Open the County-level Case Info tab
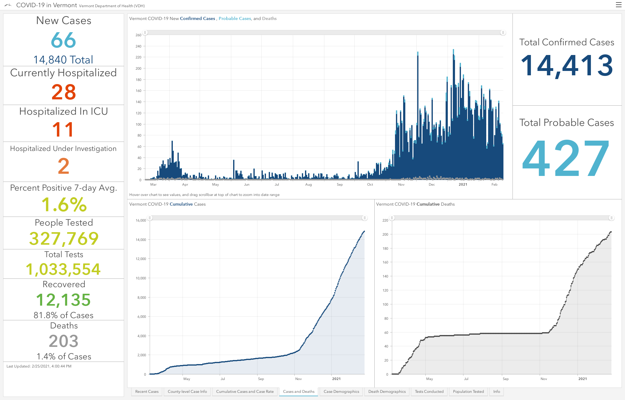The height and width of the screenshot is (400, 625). point(187,392)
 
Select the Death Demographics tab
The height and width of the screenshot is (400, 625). point(387,392)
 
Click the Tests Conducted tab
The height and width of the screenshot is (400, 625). point(429,392)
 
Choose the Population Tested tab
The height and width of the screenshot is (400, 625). point(468,392)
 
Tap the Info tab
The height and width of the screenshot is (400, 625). point(497,392)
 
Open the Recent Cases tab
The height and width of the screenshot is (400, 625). point(147,392)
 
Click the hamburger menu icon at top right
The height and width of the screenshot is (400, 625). point(618,5)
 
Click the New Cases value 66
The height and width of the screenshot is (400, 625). point(63,40)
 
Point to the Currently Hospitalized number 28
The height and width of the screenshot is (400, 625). point(63,92)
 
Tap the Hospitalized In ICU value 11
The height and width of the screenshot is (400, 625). point(63,129)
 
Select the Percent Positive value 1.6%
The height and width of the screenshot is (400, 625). point(64,205)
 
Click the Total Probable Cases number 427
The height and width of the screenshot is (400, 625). point(566,158)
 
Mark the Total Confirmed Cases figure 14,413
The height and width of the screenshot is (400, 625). point(567,66)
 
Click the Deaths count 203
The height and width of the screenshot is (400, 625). point(63,341)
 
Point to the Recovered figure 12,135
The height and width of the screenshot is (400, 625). point(63,300)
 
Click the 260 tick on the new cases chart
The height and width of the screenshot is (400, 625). point(138,35)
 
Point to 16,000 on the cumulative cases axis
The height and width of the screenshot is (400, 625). point(141,220)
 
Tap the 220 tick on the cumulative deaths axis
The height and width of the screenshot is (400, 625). point(385,220)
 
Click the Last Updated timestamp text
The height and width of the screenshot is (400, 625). point(39,366)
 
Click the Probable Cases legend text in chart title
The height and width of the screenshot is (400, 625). point(235,18)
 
